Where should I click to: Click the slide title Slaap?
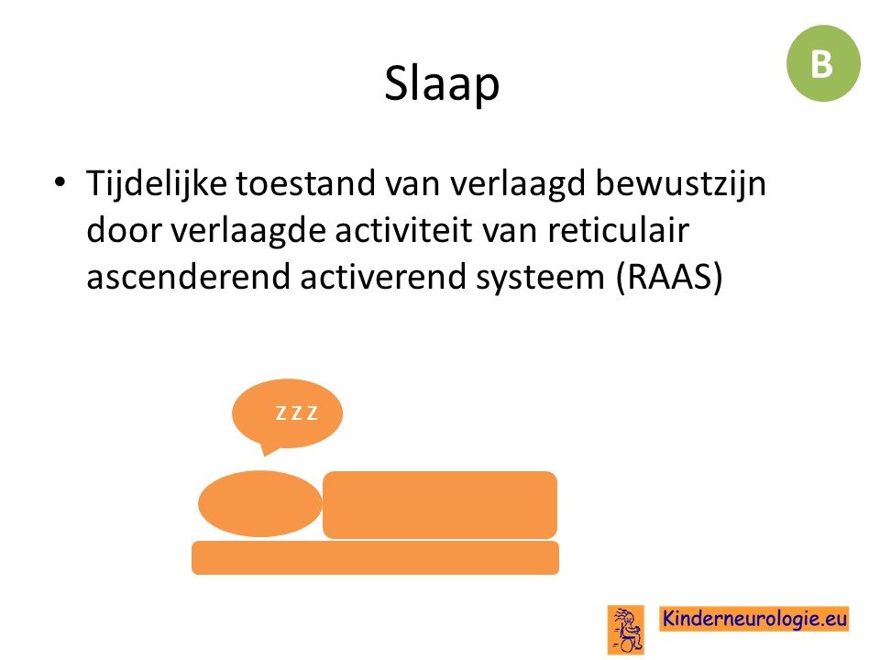(442, 82)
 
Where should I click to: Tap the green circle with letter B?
(823, 63)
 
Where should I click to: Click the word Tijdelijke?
(157, 184)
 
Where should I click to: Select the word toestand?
(305, 183)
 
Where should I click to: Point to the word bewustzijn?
(680, 184)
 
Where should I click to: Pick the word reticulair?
(618, 230)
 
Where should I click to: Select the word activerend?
(383, 277)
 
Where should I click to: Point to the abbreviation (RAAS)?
(669, 277)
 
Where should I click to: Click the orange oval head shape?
(260, 503)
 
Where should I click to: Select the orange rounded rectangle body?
(440, 504)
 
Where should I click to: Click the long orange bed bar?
(376, 558)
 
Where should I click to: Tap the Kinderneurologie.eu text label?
(754, 619)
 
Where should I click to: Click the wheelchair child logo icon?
(626, 630)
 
